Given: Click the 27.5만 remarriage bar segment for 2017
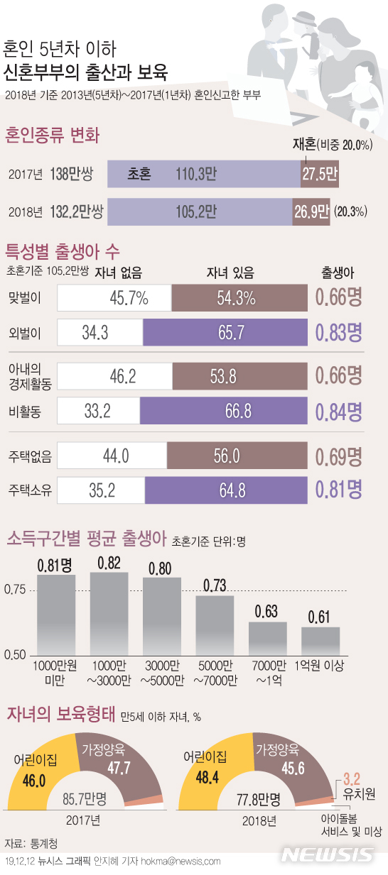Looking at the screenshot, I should click(319, 174).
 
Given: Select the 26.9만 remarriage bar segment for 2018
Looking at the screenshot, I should click(311, 211).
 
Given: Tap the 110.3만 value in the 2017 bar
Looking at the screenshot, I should click(195, 174).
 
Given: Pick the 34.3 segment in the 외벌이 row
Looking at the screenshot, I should click(99, 332).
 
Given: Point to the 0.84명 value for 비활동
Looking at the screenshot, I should click(339, 410).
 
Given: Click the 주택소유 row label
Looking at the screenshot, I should click(30, 490).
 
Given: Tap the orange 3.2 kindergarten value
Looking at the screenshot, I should click(352, 778).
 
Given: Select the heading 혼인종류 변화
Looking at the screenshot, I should click(53, 135).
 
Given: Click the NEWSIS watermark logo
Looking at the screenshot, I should click(327, 854).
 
